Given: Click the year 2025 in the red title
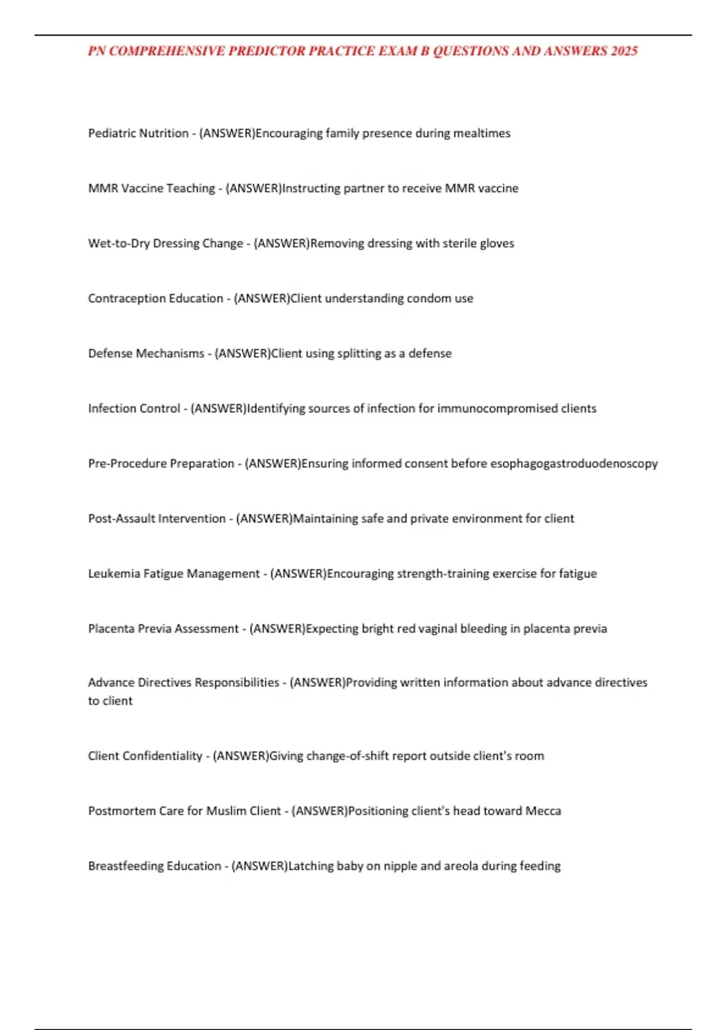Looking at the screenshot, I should click(x=624, y=51).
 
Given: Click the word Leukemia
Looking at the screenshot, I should click(x=114, y=574).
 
